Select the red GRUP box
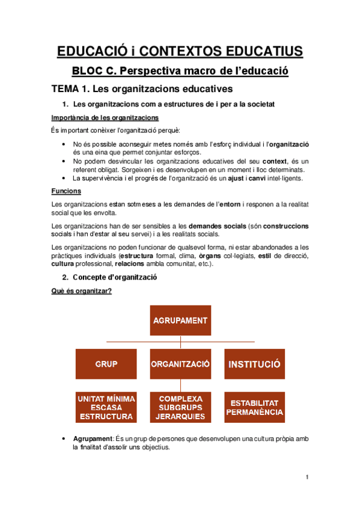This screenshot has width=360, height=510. (106, 364)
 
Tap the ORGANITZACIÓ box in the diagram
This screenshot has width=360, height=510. (180, 364)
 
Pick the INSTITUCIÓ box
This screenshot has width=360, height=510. (254, 364)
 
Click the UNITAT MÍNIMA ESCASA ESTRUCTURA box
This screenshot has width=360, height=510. (106, 407)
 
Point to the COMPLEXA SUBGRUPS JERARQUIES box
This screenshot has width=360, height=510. (180, 407)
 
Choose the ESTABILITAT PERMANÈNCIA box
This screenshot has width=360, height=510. (254, 407)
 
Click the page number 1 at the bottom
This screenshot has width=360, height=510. (307, 478)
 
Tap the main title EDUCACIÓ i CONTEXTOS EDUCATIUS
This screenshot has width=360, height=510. (180, 51)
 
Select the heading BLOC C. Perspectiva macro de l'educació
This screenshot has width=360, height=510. (180, 71)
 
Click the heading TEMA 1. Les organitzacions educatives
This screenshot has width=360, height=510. (142, 90)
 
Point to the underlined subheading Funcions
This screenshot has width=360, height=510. (63, 191)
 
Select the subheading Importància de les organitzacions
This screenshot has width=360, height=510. (105, 117)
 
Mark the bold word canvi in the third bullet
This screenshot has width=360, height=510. (257, 178)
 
